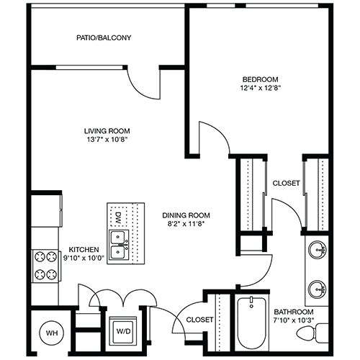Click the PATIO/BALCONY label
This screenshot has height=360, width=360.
click(104, 37)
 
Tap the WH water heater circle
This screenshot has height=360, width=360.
click(52, 333)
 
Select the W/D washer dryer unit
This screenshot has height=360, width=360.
click(123, 331)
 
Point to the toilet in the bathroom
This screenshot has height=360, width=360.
click(312, 333)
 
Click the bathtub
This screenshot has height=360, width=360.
click(251, 323)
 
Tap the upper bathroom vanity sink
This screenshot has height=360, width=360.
click(317, 250)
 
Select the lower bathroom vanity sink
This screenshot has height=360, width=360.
click(317, 289)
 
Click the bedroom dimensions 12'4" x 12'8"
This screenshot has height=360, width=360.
click(261, 88)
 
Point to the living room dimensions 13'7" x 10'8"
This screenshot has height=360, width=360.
click(107, 140)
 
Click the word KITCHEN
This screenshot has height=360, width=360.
click(84, 250)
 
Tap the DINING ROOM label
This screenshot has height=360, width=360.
click(186, 215)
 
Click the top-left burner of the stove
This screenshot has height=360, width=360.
click(40, 257)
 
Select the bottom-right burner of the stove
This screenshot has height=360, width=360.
click(52, 274)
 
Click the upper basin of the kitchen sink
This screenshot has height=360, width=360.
click(118, 237)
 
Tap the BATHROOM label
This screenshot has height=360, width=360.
click(294, 312)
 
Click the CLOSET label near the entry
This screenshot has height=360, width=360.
click(199, 320)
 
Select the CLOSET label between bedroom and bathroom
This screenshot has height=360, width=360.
click(286, 184)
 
